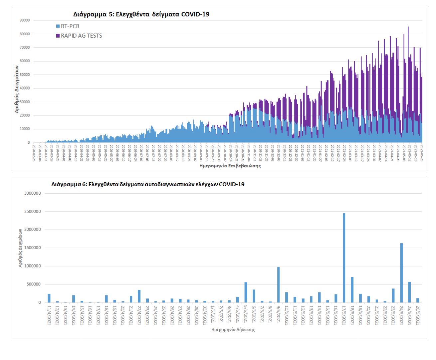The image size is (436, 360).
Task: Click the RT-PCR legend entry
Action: coord(70,26)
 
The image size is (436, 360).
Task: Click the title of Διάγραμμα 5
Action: coord(141,14)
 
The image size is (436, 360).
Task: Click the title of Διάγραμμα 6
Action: coord(148,184)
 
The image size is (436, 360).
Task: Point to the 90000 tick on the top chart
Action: coord(25,20)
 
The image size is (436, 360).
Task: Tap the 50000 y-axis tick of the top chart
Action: coord(25,75)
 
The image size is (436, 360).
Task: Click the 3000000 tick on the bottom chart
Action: coord(32,193)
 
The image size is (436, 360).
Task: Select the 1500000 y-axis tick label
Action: coord(32,248)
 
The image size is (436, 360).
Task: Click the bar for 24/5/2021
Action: coord(401,273)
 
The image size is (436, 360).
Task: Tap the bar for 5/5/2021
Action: coord(246,292)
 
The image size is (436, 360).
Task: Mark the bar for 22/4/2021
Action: coord(139,296)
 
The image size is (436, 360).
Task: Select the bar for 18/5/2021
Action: coord(352,290)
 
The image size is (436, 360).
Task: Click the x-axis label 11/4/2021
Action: coord(49,315)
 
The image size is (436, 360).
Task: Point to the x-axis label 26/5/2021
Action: coord(418,315)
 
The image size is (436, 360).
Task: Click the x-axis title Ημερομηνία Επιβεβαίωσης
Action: coord(230,166)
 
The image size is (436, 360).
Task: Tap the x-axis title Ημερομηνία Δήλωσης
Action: coord(233,330)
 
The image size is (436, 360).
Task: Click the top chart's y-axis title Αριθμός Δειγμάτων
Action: coord(17,89)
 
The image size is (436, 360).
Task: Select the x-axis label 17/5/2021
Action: coord(344,315)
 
